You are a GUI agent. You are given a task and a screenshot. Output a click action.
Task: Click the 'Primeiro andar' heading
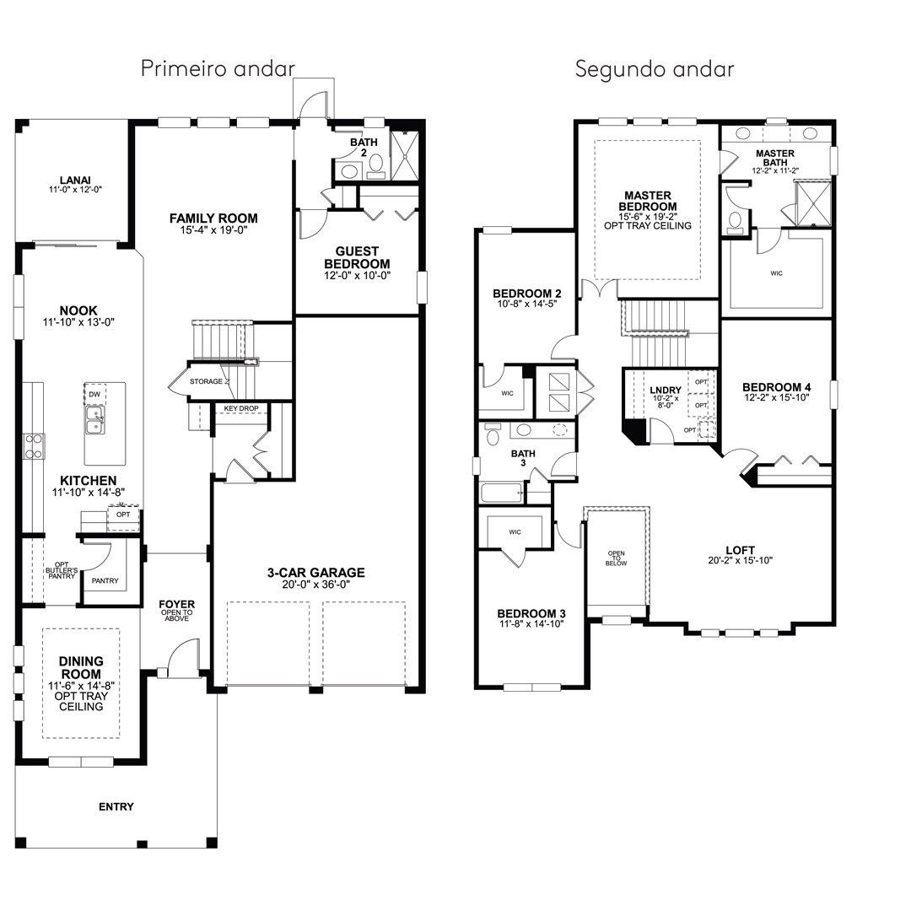(218, 69)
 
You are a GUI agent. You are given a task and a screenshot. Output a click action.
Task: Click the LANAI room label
(75, 181)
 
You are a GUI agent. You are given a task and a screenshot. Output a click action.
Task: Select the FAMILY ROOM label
(213, 218)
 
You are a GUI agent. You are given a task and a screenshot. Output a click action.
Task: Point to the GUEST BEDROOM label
(357, 257)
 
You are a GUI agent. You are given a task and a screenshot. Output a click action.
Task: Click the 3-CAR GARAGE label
(316, 572)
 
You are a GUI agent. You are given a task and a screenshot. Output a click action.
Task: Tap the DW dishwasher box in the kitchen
(94, 394)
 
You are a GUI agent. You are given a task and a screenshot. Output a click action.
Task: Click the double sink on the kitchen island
(94, 420)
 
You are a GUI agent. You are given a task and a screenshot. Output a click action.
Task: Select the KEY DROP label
(241, 408)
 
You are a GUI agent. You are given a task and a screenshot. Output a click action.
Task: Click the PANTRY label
(105, 580)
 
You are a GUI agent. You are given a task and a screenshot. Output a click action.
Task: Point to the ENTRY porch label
(116, 806)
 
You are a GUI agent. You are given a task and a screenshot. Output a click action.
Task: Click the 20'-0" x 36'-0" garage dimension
(316, 585)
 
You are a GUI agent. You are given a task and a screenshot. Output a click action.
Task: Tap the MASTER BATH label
(775, 158)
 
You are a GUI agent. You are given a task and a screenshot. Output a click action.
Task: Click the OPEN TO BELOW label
(617, 558)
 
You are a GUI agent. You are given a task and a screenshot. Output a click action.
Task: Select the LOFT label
(741, 550)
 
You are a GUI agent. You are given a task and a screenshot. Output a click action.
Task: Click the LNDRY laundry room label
(666, 391)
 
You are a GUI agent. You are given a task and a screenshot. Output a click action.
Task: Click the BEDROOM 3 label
(531, 613)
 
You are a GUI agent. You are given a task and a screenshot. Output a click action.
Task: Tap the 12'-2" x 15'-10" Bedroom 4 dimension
(777, 398)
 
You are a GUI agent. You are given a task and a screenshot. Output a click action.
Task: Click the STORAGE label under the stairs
(207, 381)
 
